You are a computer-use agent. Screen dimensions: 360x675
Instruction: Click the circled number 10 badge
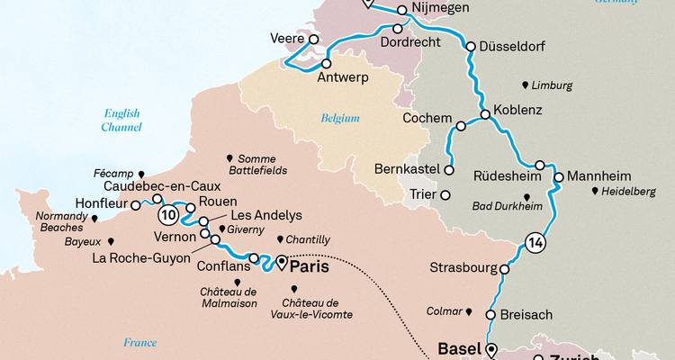pyautogui.click(x=167, y=216)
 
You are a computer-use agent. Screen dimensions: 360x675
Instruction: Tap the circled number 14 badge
pyautogui.click(x=533, y=242)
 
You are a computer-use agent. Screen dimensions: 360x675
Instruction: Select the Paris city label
pyautogui.click(x=307, y=267)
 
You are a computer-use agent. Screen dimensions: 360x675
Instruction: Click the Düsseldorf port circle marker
pyautogui.click(x=470, y=46)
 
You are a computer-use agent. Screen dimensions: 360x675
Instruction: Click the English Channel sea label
pyautogui.click(x=121, y=121)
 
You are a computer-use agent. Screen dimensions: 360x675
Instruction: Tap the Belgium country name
pyautogui.click(x=340, y=118)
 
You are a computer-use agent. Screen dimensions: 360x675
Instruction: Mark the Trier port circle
pyautogui.click(x=445, y=193)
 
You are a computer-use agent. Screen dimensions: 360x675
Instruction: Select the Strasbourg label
pyautogui.click(x=463, y=267)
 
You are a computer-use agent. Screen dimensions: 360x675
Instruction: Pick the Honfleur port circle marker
pyautogui.click(x=136, y=205)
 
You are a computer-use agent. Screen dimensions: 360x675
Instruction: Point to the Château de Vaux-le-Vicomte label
pyautogui.click(x=317, y=308)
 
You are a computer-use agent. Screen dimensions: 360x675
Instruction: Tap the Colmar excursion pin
pyautogui.click(x=469, y=311)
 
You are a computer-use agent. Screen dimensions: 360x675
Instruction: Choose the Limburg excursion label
pyautogui.click(x=552, y=85)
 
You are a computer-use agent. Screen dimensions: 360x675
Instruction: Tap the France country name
pyautogui.click(x=140, y=342)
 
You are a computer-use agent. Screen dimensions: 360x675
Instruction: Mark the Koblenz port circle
pyautogui.click(x=485, y=114)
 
